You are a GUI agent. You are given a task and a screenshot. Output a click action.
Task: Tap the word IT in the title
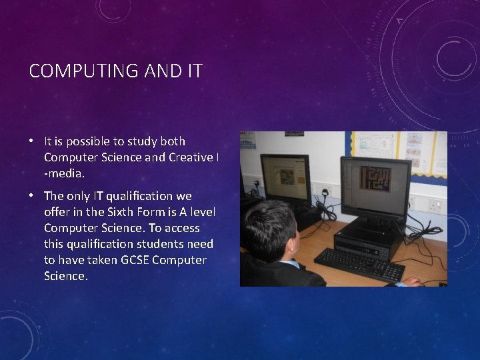[x=192, y=71]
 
